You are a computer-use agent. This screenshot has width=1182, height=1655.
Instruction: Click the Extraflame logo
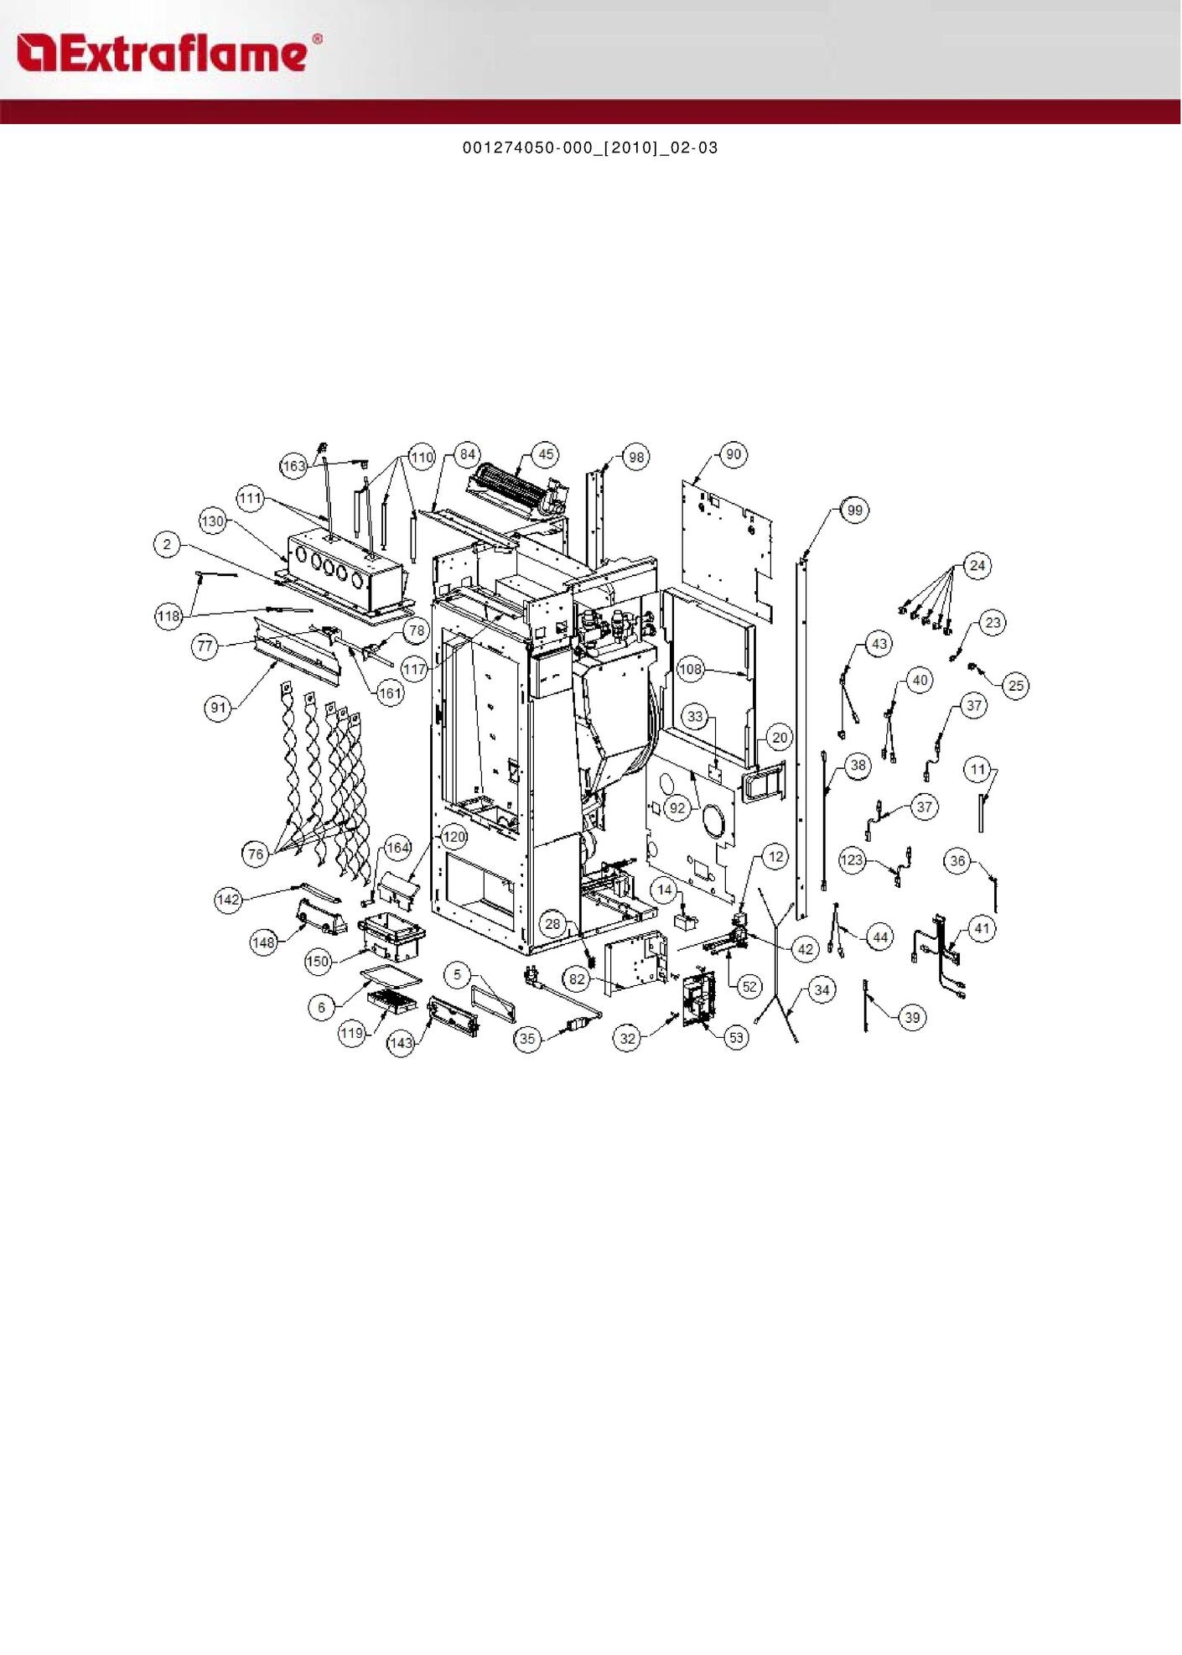[168, 53]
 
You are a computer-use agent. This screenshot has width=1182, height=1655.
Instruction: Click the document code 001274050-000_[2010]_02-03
[590, 148]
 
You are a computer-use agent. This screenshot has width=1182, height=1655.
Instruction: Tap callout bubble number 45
[547, 454]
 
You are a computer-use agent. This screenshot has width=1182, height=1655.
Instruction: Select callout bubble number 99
[854, 510]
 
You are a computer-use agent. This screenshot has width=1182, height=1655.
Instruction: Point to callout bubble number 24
[977, 565]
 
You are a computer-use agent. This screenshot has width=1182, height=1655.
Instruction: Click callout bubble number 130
[213, 521]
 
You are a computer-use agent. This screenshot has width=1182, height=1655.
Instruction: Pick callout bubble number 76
[256, 854]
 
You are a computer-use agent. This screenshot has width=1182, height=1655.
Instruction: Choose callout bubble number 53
[736, 1037]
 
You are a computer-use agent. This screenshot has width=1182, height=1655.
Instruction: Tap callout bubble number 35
[526, 1039]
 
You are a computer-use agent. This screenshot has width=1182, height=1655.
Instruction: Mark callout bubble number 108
[691, 669]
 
